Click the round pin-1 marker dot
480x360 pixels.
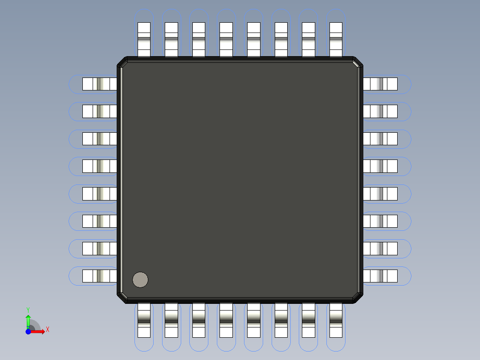pyautogui.click(x=140, y=280)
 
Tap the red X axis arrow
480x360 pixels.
pyautogui.click(x=39, y=331)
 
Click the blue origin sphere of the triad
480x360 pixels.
pyautogui.click(x=28, y=331)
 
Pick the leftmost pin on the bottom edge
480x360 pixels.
pyautogui.click(x=144, y=320)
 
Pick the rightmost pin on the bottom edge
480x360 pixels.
pyautogui.click(x=336, y=320)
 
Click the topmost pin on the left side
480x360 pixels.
pyautogui.click(x=99, y=84)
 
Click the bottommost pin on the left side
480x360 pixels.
pyautogui.click(x=99, y=276)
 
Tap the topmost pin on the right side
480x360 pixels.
pyautogui.click(x=380, y=84)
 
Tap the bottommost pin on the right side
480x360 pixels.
pyautogui.click(x=380, y=276)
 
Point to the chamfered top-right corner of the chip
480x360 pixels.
pyautogui.click(x=358, y=62)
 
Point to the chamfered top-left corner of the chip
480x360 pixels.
pyautogui.click(x=122, y=62)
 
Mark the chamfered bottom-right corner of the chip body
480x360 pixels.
pyautogui.click(x=358, y=298)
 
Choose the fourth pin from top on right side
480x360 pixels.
pyautogui.click(x=380, y=166)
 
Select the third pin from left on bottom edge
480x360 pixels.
pyautogui.click(x=199, y=320)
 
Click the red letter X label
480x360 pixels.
pyautogui.click(x=47, y=330)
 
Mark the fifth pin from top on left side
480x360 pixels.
pyautogui.click(x=99, y=194)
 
